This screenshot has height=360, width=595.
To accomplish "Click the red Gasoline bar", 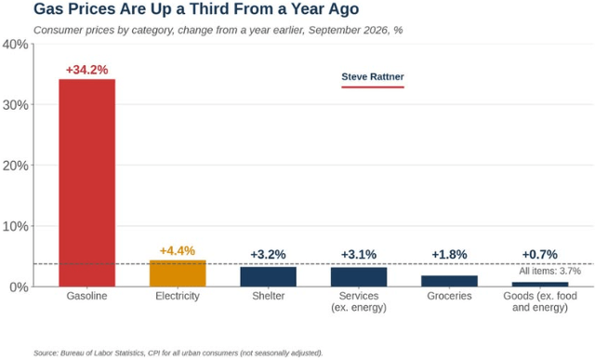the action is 86,182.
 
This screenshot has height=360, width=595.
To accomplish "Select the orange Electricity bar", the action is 178,273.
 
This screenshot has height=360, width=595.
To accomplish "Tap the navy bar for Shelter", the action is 269,277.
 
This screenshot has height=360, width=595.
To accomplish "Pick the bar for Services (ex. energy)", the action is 359,277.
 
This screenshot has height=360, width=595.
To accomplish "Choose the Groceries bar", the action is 449,281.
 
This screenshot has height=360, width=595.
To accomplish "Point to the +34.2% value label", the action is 86,70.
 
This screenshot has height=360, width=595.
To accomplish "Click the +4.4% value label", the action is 178,251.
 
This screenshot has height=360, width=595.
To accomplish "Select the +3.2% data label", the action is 268,255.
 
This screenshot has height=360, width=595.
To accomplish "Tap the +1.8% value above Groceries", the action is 449,255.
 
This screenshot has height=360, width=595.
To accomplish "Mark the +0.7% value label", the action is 539,255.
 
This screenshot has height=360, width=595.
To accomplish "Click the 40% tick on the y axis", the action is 15,45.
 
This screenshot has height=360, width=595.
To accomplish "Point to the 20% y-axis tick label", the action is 15,166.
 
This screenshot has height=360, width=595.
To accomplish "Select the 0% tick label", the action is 19,287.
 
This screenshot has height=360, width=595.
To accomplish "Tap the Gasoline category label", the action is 86,296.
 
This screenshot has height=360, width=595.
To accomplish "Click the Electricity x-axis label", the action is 178,296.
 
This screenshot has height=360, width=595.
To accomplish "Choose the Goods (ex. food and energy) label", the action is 540,301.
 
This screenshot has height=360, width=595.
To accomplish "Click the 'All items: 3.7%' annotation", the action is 549,271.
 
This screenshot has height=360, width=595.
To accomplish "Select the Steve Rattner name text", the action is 373,76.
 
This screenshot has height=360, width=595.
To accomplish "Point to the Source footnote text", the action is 178,353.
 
